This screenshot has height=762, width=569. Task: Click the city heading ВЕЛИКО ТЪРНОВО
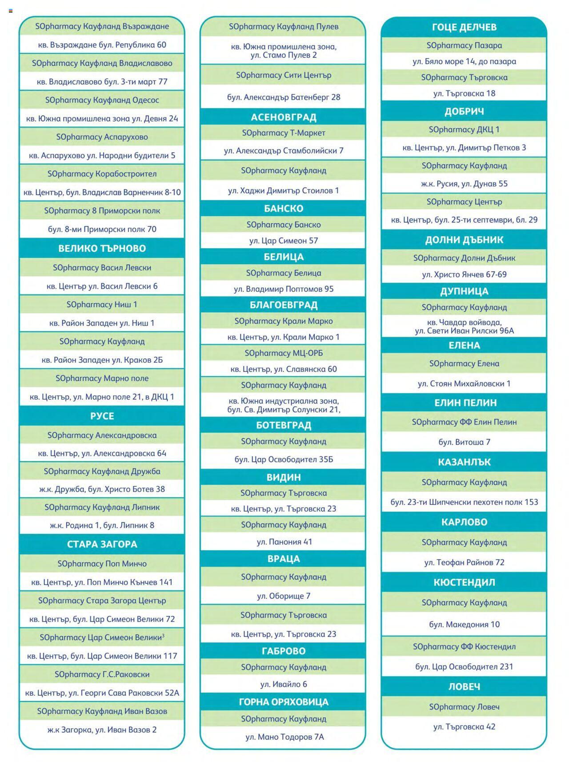point(102,248)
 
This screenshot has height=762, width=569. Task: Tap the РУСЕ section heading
point(102,416)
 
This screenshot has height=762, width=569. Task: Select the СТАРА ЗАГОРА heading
point(102,544)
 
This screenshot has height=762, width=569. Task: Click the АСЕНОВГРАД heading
point(283,117)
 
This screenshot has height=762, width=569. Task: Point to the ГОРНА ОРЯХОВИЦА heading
point(283,702)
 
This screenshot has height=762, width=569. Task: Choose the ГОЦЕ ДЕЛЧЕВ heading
point(464,27)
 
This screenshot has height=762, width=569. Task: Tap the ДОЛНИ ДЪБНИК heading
point(464,240)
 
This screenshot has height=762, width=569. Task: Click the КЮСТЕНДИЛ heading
point(464,582)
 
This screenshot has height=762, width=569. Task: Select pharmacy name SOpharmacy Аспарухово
point(102,137)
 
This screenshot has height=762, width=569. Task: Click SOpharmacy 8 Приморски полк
point(102,211)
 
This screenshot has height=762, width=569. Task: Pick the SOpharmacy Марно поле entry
point(102,379)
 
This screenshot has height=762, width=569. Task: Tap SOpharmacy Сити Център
point(283,75)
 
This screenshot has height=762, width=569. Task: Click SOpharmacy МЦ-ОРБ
point(283,353)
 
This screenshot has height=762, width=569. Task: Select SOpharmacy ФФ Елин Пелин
point(464,422)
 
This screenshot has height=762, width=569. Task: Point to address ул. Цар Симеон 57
point(283,241)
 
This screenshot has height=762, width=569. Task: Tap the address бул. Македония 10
point(464,625)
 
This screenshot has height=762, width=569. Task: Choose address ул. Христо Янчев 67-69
point(464,274)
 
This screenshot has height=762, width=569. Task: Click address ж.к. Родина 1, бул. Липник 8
point(102,525)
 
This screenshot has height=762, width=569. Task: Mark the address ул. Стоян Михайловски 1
point(464,383)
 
